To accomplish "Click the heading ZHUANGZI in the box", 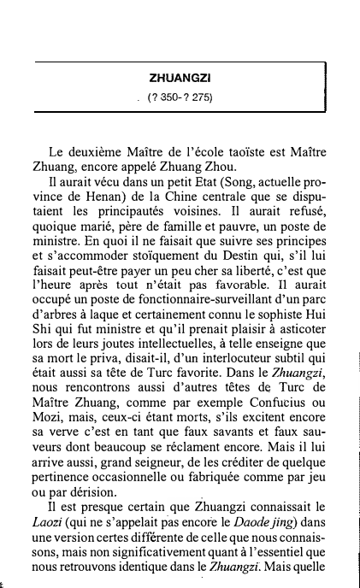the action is [x=180, y=78].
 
